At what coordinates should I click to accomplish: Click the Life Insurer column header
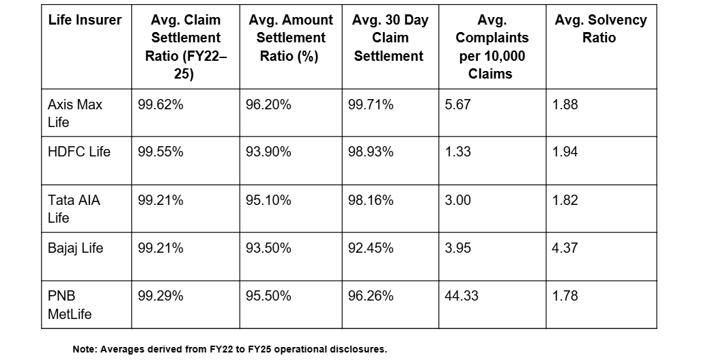point(85,20)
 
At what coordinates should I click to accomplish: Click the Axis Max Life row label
point(75,113)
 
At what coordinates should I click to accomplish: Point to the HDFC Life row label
point(79,152)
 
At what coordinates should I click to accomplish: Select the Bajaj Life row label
point(76,247)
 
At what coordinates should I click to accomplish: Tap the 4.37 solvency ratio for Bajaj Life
point(565,247)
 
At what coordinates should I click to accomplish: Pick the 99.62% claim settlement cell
point(160,105)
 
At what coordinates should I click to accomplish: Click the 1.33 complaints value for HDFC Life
point(458,152)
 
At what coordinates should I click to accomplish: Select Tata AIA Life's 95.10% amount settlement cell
point(268,200)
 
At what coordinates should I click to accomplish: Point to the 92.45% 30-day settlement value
point(371,247)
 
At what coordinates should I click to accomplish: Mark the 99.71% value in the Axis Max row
point(371,105)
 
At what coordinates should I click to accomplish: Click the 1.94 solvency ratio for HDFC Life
point(565,152)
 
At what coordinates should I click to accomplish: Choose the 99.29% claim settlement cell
point(160,296)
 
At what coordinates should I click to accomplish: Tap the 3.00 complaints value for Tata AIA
point(458,200)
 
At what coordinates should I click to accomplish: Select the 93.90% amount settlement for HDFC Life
point(268,152)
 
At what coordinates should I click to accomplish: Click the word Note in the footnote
point(85,349)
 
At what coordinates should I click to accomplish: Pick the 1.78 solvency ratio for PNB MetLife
point(565,296)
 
